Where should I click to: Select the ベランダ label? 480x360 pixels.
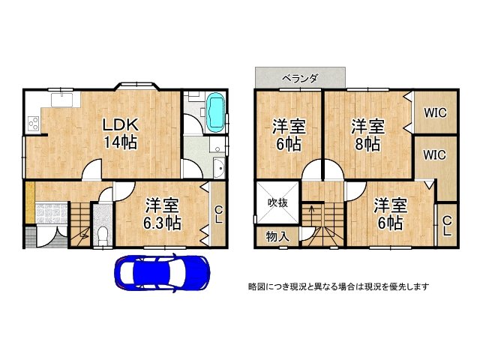(300, 77)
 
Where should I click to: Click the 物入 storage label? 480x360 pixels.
(277, 236)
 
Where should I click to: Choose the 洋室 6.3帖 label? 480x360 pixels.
(162, 213)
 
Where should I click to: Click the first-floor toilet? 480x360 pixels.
(103, 232)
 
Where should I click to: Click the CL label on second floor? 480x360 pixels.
(446, 225)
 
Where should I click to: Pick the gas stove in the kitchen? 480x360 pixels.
(33, 124)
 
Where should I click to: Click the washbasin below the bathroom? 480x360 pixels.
(218, 169)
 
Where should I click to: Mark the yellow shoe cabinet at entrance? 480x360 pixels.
(28, 202)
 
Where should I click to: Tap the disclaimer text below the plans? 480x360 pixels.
(338, 286)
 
